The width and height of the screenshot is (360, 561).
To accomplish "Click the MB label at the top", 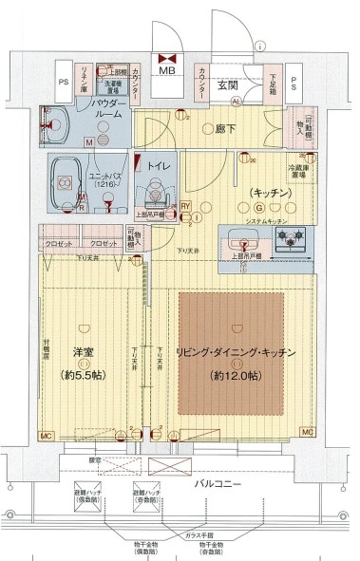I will coord(165,71).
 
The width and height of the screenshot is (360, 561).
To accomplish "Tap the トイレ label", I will coord(158,167).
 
